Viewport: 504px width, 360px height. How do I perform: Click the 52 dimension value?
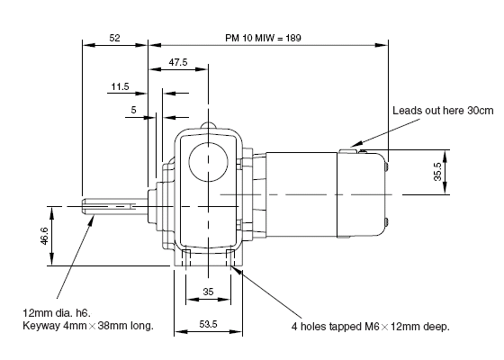point(114,38)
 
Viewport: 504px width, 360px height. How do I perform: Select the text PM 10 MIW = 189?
point(263,38)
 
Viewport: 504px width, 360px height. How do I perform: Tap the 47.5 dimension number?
point(178,62)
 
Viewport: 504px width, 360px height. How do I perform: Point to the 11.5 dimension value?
point(120,86)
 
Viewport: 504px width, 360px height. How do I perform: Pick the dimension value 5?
point(133,110)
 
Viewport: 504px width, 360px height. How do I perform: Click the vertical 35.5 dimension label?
point(437,172)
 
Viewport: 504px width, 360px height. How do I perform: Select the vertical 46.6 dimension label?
point(44,236)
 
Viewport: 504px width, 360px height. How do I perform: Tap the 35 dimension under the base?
point(208,292)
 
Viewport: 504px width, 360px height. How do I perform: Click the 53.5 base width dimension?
point(208,324)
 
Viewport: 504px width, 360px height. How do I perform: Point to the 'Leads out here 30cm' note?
point(443,111)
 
